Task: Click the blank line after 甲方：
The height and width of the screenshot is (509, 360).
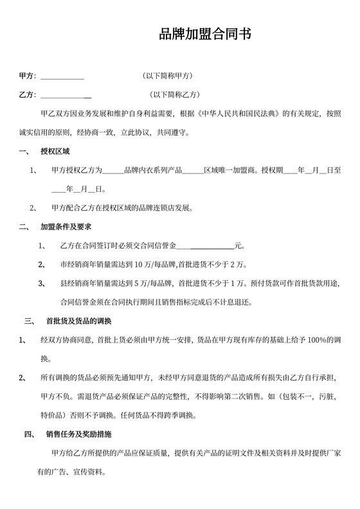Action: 62,77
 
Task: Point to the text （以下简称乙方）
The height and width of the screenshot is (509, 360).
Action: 175,95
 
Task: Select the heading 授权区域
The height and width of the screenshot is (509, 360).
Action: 55,152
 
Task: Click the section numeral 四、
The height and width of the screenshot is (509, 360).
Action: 30,433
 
